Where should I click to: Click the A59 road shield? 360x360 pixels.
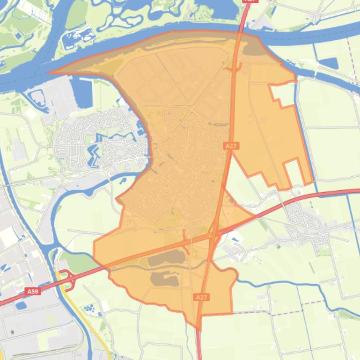pos(32,291)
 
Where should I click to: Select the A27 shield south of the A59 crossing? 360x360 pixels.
pos(201,297)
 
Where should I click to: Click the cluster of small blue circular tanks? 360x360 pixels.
pos(89,309)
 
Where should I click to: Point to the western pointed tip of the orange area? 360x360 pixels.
pos(50,72)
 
